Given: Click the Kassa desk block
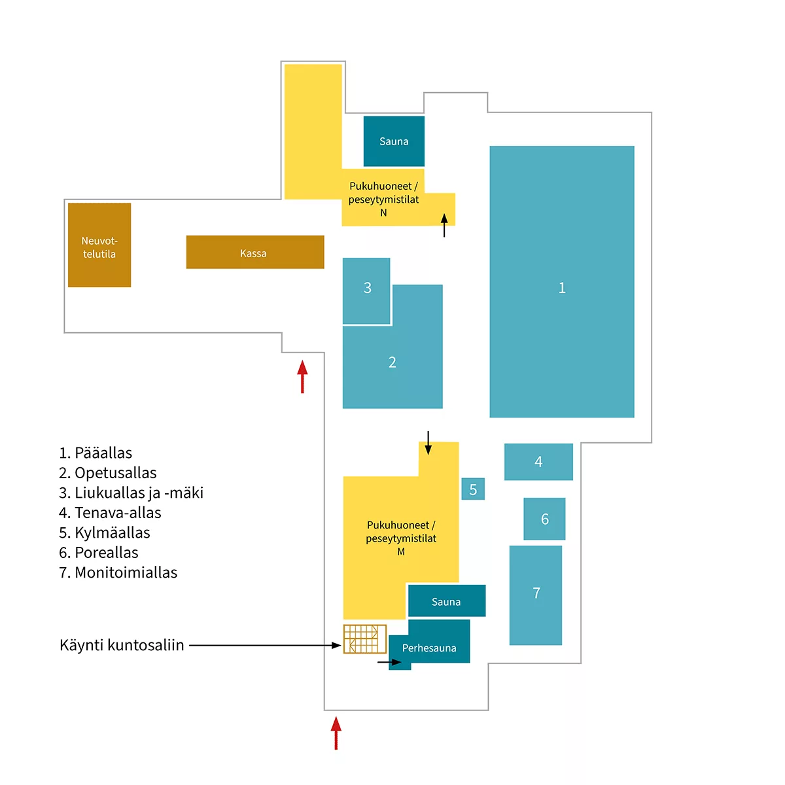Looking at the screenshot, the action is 255,252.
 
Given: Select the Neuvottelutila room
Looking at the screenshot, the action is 99,245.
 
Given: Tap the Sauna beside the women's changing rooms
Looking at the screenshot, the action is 394,141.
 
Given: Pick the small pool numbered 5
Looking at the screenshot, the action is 473,489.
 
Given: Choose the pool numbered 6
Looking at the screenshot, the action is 544,519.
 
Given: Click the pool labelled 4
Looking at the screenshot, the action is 538,462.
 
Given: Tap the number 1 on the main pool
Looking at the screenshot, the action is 562,288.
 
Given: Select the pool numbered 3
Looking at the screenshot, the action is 366,290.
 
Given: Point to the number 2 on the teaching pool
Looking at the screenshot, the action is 392,362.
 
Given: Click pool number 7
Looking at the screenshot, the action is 536,595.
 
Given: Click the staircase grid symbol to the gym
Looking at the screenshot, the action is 364,638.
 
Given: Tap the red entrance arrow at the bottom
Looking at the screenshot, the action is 336,733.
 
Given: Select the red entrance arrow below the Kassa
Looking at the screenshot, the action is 302,376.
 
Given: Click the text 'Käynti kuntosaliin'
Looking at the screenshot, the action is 122,645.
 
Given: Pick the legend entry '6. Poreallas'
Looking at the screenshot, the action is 99,552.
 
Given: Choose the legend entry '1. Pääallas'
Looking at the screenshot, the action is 96,453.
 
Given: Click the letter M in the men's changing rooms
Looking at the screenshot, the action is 401,551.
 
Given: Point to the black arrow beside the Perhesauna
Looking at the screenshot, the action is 389,662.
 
